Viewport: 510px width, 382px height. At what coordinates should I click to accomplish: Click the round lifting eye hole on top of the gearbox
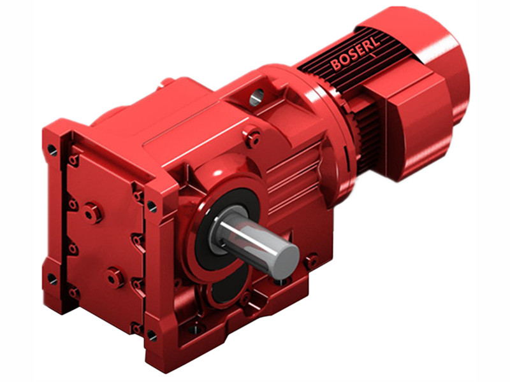[x=256, y=97]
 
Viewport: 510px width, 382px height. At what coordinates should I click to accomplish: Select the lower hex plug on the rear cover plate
[x=115, y=277]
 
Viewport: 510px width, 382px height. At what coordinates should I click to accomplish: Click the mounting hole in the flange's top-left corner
[x=52, y=150]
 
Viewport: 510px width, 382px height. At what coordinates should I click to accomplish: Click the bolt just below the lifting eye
[x=254, y=136]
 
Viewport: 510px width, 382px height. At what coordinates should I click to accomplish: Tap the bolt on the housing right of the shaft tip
[x=311, y=260]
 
